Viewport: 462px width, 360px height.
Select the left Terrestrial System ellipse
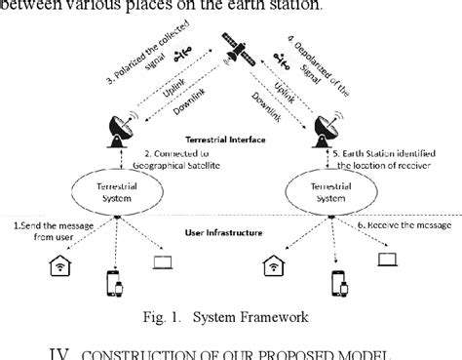click(116, 185)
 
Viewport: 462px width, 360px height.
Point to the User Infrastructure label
click(226, 233)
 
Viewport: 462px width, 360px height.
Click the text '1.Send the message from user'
click(49, 231)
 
